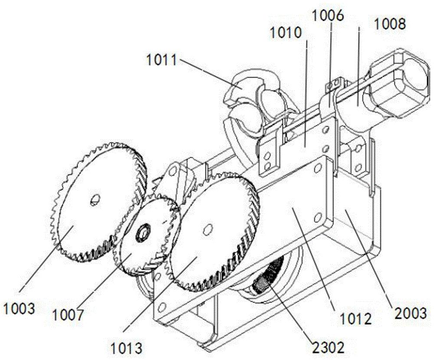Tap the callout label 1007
pyautogui.click(x=68, y=315)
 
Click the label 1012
pyautogui.click(x=355, y=319)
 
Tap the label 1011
pyautogui.click(x=161, y=60)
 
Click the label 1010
pyautogui.click(x=286, y=33)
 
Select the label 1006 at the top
pyautogui.click(x=328, y=16)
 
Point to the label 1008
pyautogui.click(x=390, y=24)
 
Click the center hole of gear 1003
pyautogui.click(x=95, y=199)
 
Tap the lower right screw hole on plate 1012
pyautogui.click(x=318, y=217)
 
